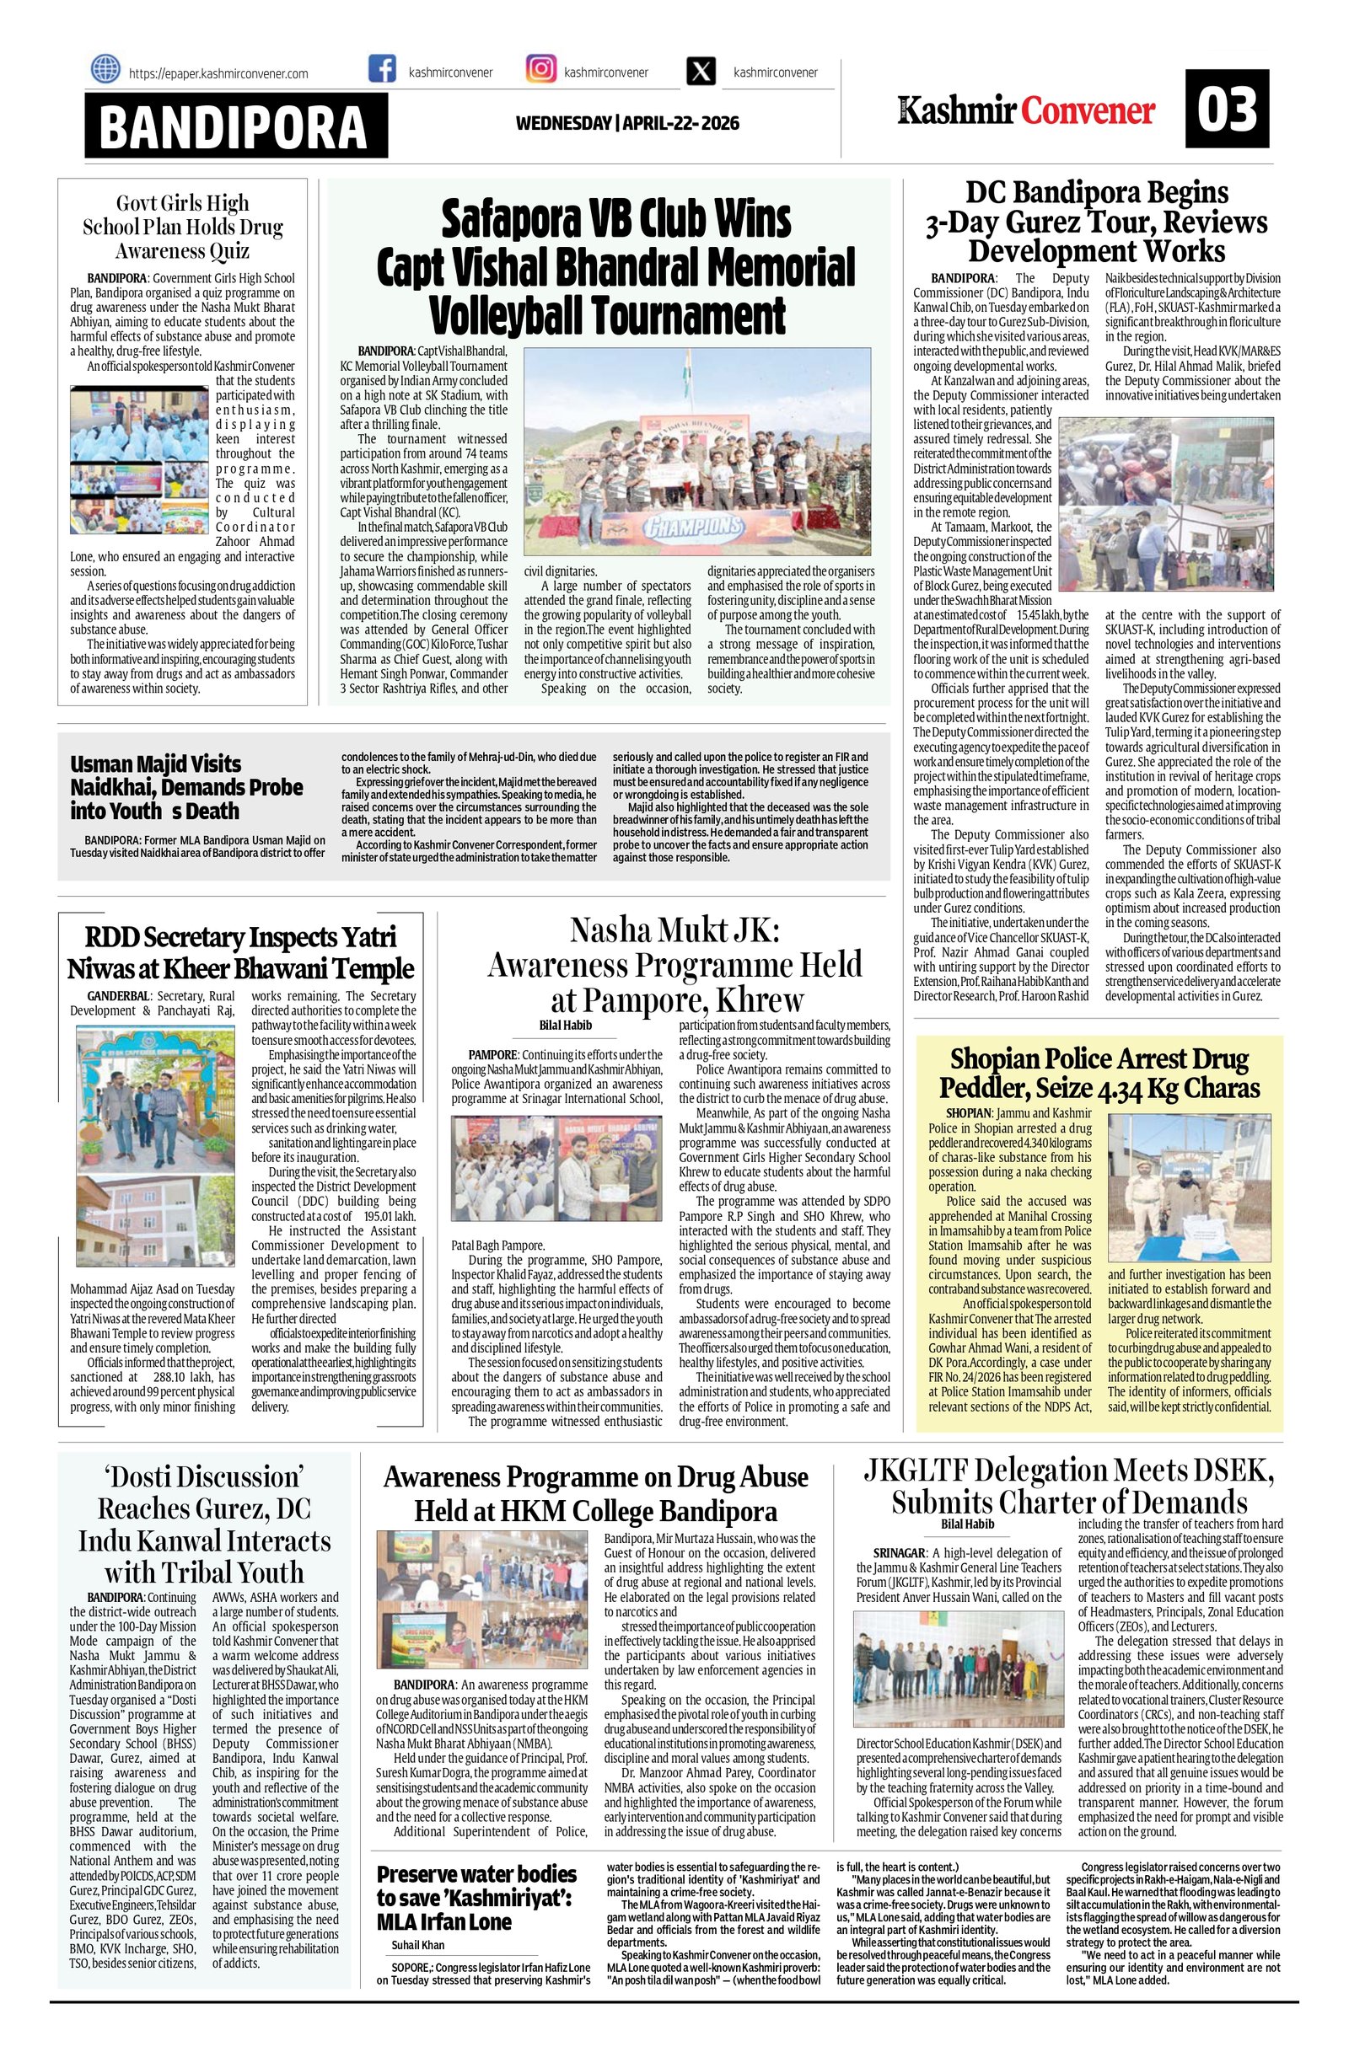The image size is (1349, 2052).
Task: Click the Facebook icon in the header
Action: click(382, 70)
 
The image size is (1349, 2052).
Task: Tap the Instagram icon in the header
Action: click(540, 70)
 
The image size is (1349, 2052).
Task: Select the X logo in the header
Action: click(701, 72)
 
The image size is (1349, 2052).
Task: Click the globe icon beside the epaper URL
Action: click(105, 69)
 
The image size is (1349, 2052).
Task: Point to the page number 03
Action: click(1226, 110)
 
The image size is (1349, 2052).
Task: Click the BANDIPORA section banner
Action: click(235, 126)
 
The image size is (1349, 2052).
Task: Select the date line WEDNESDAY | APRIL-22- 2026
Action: click(627, 123)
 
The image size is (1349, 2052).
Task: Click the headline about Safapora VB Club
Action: click(615, 265)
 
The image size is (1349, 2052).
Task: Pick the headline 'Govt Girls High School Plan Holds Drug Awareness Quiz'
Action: click(183, 227)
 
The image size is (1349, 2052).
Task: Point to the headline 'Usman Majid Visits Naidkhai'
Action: click(186, 786)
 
